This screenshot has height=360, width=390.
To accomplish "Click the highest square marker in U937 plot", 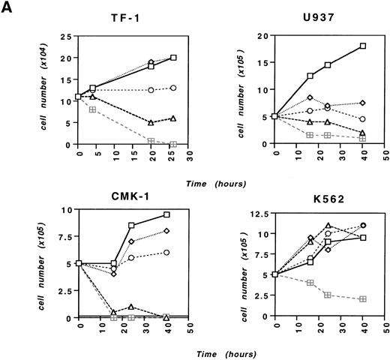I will click(363, 46).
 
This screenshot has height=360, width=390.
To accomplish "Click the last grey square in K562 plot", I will click(363, 298).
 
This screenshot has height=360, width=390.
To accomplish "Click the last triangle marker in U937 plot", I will click(363, 133).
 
